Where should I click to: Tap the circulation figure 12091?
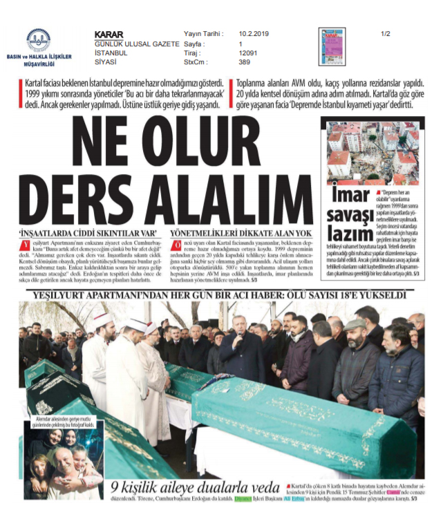tap(249, 53)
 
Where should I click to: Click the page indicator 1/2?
tap(385, 33)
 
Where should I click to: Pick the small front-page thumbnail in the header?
tap(332, 46)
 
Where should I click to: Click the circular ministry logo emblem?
tap(38, 39)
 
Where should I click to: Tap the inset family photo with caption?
tap(63, 458)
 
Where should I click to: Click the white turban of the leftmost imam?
tap(100, 319)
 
